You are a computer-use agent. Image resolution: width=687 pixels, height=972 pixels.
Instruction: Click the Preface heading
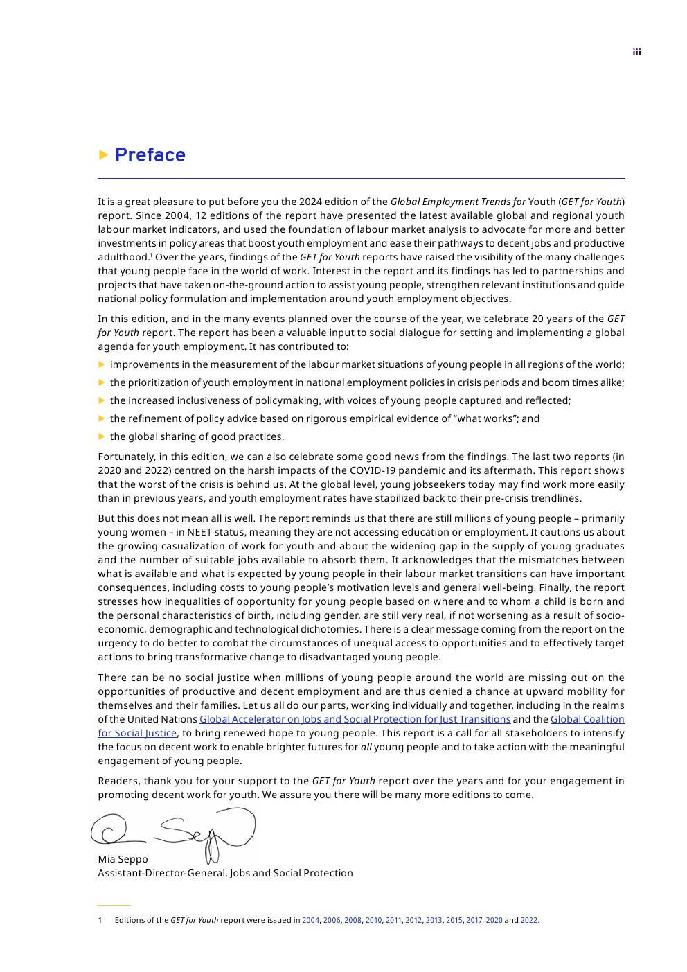pyautogui.click(x=150, y=155)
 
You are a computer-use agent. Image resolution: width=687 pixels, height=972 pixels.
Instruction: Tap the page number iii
pyautogui.click(x=636, y=53)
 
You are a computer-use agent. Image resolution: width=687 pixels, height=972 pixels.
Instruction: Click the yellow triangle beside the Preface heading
pyautogui.click(x=104, y=154)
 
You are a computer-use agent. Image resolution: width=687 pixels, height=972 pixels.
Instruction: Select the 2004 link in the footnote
pyautogui.click(x=310, y=920)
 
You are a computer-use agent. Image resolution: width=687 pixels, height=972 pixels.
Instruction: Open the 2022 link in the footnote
pyautogui.click(x=529, y=920)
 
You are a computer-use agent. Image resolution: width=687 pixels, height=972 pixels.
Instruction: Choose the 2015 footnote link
pyautogui.click(x=454, y=920)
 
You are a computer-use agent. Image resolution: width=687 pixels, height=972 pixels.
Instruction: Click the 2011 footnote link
pyautogui.click(x=393, y=920)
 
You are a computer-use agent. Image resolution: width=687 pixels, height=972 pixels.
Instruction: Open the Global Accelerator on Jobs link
pyautogui.click(x=355, y=719)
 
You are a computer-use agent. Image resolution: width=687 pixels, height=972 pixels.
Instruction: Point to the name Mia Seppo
pyautogui.click(x=123, y=859)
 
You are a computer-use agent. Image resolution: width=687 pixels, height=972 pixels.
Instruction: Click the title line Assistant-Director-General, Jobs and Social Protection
pyautogui.click(x=225, y=873)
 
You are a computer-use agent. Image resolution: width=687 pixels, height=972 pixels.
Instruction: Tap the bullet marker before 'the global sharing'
pyautogui.click(x=102, y=436)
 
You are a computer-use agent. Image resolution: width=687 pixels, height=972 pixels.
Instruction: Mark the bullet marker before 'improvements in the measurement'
pyautogui.click(x=102, y=364)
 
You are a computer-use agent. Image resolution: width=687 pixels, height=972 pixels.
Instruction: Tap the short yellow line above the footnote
pyautogui.click(x=114, y=905)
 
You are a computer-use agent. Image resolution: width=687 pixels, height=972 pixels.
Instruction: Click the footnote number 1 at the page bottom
pyautogui.click(x=100, y=920)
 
